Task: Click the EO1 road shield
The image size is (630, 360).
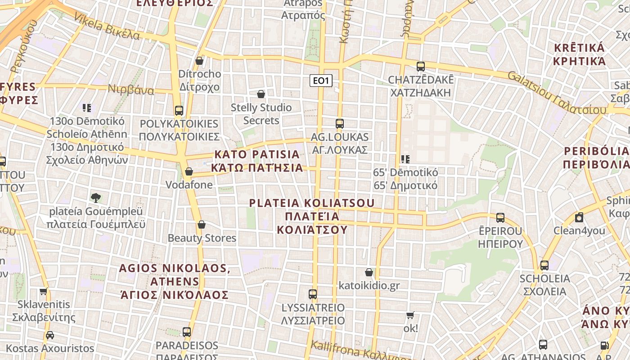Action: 321,81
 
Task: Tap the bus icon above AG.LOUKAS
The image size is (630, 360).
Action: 340,123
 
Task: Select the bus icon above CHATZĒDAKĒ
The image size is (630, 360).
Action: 421,67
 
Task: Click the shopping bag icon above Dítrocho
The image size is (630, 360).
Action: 199,60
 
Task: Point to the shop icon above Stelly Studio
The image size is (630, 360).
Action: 261,94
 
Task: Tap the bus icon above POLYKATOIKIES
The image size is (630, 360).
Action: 179,110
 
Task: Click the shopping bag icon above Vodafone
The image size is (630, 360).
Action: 189,171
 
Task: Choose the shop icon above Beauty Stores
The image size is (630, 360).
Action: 202,225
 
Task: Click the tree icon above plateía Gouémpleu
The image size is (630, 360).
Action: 95,198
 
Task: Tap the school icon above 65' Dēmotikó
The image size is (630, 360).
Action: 405,159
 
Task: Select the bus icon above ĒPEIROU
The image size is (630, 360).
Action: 500,218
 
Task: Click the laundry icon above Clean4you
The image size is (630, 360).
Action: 579,217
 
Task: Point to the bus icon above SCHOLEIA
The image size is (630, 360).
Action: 544,265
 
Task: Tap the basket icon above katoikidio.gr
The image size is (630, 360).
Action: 369,272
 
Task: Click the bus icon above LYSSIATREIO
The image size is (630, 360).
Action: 313,294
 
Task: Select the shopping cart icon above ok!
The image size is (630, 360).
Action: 410,315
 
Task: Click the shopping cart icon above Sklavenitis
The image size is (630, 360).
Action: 43,291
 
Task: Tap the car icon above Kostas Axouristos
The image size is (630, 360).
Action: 50,335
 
